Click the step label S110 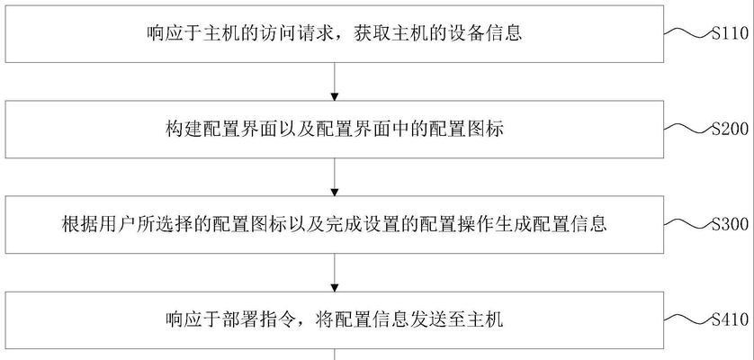point(730,33)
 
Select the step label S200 point(730,129)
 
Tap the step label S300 point(730,224)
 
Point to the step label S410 point(730,319)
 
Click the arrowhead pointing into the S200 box point(335,97)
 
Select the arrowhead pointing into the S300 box point(335,193)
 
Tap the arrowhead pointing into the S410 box point(335,288)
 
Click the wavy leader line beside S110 point(688,32)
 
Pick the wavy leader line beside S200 point(688,128)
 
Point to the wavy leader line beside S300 point(688,223)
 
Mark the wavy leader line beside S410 point(688,319)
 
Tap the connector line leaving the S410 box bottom point(335,355)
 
